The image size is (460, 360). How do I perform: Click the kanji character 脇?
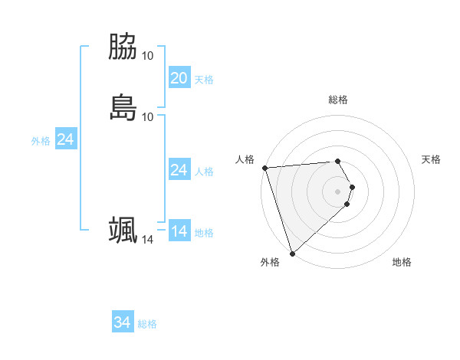(123, 47)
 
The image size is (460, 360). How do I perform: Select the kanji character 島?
(123, 107)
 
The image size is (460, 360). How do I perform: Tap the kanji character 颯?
(123, 230)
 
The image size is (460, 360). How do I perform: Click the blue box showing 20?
(179, 78)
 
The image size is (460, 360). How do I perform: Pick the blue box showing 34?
(122, 322)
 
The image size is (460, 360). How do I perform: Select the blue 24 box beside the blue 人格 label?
(179, 170)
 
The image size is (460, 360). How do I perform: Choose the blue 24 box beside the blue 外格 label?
(65, 139)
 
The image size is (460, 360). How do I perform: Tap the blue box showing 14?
(179, 231)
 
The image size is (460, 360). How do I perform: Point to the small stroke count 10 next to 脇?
(148, 56)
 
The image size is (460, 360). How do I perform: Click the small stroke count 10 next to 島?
(148, 116)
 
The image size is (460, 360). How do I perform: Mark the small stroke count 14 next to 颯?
(148, 240)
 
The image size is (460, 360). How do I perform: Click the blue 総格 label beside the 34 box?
(147, 324)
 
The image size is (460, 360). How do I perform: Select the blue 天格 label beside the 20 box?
(204, 80)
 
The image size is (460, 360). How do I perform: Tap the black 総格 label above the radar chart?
(338, 100)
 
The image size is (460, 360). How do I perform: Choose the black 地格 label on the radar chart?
(402, 262)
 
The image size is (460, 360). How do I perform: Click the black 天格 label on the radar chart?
(432, 159)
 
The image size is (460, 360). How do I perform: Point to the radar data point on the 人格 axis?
(264, 168)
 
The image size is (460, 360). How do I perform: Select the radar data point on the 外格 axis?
(292, 254)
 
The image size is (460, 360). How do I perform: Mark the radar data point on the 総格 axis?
(338, 161)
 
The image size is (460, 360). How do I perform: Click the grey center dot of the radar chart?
(338, 191)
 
